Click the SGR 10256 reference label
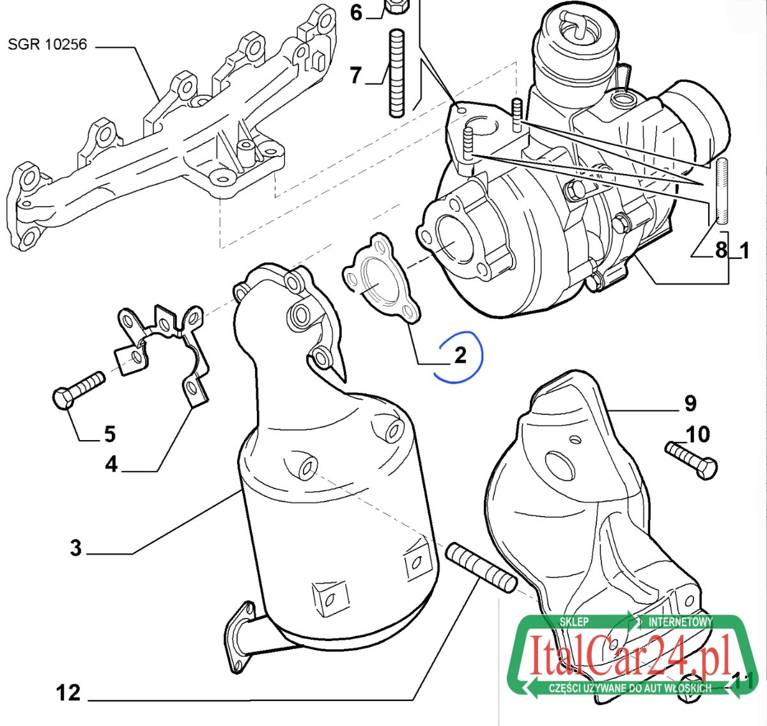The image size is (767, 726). [x=47, y=45]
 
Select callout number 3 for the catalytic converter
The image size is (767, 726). [x=76, y=548]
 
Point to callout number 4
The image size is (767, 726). [x=111, y=465]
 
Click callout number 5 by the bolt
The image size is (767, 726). [x=110, y=434]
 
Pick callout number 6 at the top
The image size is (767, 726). [x=356, y=13]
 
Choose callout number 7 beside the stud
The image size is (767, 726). [x=355, y=75]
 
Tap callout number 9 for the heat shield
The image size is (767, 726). [x=690, y=403]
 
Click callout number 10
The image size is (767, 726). [x=699, y=434]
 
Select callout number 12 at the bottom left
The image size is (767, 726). [x=68, y=693]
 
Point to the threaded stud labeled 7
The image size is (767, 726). [x=396, y=73]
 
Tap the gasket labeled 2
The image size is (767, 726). [x=382, y=278]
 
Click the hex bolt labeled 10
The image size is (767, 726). [x=691, y=460]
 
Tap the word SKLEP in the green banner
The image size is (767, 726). [x=574, y=622]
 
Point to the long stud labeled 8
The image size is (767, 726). [x=722, y=191]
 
